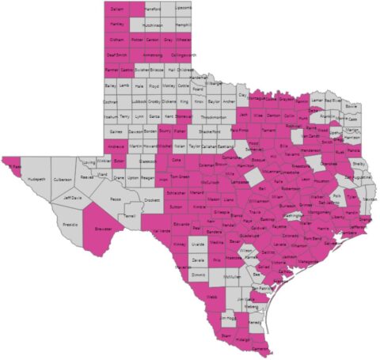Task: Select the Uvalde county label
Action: pyautogui.click(x=197, y=246)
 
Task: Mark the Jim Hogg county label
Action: pyautogui.click(x=230, y=317)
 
